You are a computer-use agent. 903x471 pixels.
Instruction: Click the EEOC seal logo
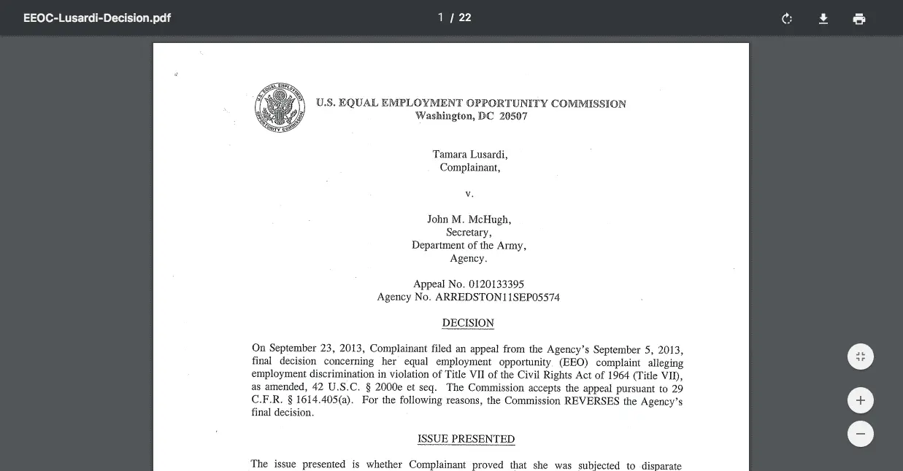(280, 108)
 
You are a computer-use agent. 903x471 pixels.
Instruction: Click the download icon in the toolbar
(823, 18)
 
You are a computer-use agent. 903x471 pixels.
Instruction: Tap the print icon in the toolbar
(859, 18)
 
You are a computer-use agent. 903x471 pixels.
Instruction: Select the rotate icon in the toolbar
(787, 18)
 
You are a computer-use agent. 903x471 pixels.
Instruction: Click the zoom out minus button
(861, 434)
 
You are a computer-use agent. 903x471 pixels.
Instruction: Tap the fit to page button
(861, 357)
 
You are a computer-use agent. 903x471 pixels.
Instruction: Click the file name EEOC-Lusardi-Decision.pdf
(97, 17)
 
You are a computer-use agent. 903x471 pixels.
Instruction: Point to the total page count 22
(465, 17)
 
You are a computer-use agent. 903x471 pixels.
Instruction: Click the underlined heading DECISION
(468, 323)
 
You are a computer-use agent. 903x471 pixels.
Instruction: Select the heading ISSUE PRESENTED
(466, 439)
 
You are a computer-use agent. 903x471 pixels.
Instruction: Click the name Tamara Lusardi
(469, 155)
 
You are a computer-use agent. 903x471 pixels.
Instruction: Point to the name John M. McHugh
(469, 219)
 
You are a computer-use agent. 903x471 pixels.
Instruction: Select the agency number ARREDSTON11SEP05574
(497, 297)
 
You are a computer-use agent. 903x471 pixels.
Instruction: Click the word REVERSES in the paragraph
(592, 400)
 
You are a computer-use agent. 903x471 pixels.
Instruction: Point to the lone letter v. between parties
(469, 194)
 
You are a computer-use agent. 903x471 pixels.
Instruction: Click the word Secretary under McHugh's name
(469, 233)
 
